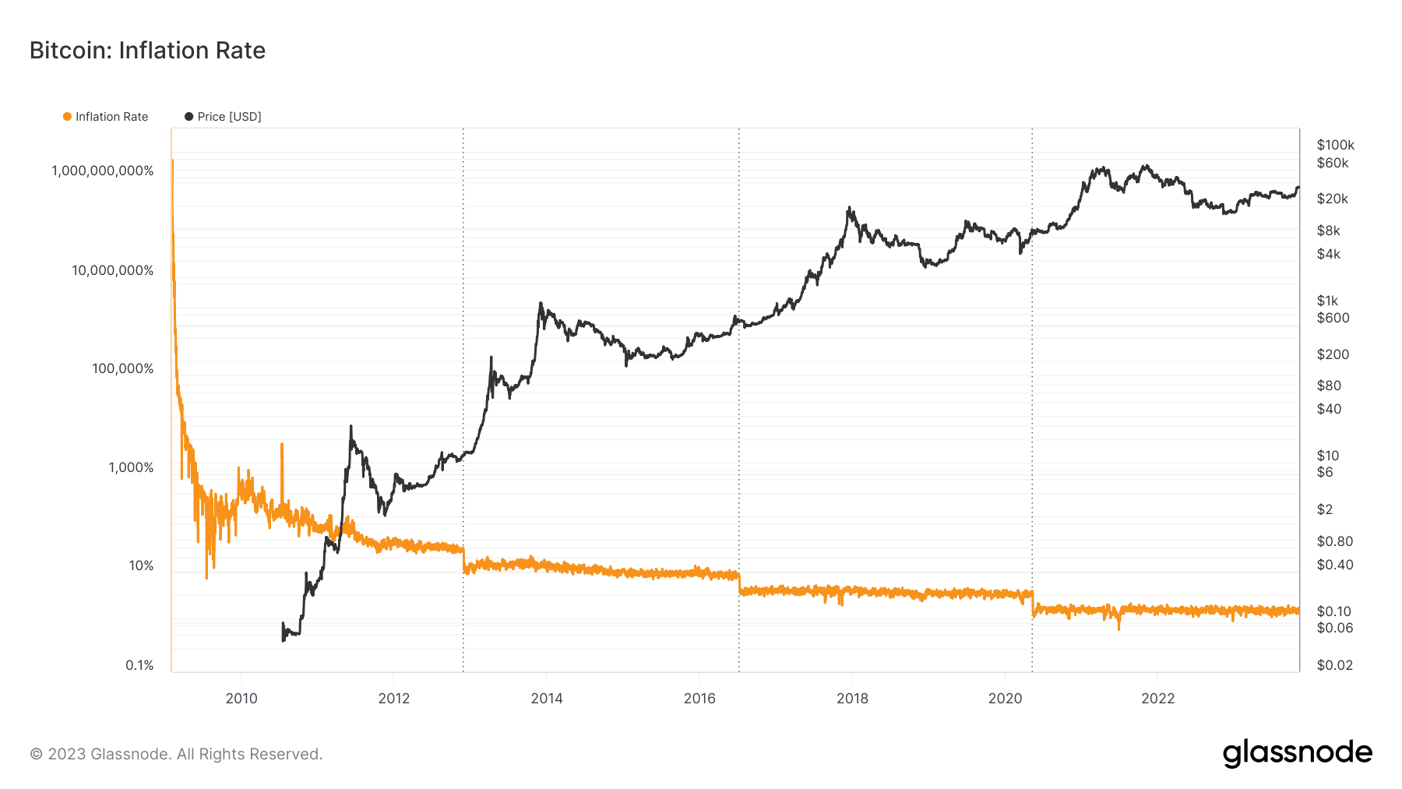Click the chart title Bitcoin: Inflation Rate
coord(147,51)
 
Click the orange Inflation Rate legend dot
coord(67,117)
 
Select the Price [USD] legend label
coord(229,117)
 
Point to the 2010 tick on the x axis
coord(241,698)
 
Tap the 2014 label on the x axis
coord(547,698)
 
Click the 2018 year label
coord(852,698)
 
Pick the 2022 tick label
coord(1157,698)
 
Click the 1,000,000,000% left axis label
coord(103,171)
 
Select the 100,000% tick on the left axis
coord(123,368)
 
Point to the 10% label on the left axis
coord(141,566)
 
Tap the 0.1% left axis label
coord(139,665)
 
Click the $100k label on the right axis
coord(1335,145)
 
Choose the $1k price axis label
coord(1327,301)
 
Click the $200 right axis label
coord(1333,354)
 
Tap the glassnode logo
coord(1297,753)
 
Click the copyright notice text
coord(176,754)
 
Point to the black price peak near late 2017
coord(849,208)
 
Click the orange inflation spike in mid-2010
coord(281,445)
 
